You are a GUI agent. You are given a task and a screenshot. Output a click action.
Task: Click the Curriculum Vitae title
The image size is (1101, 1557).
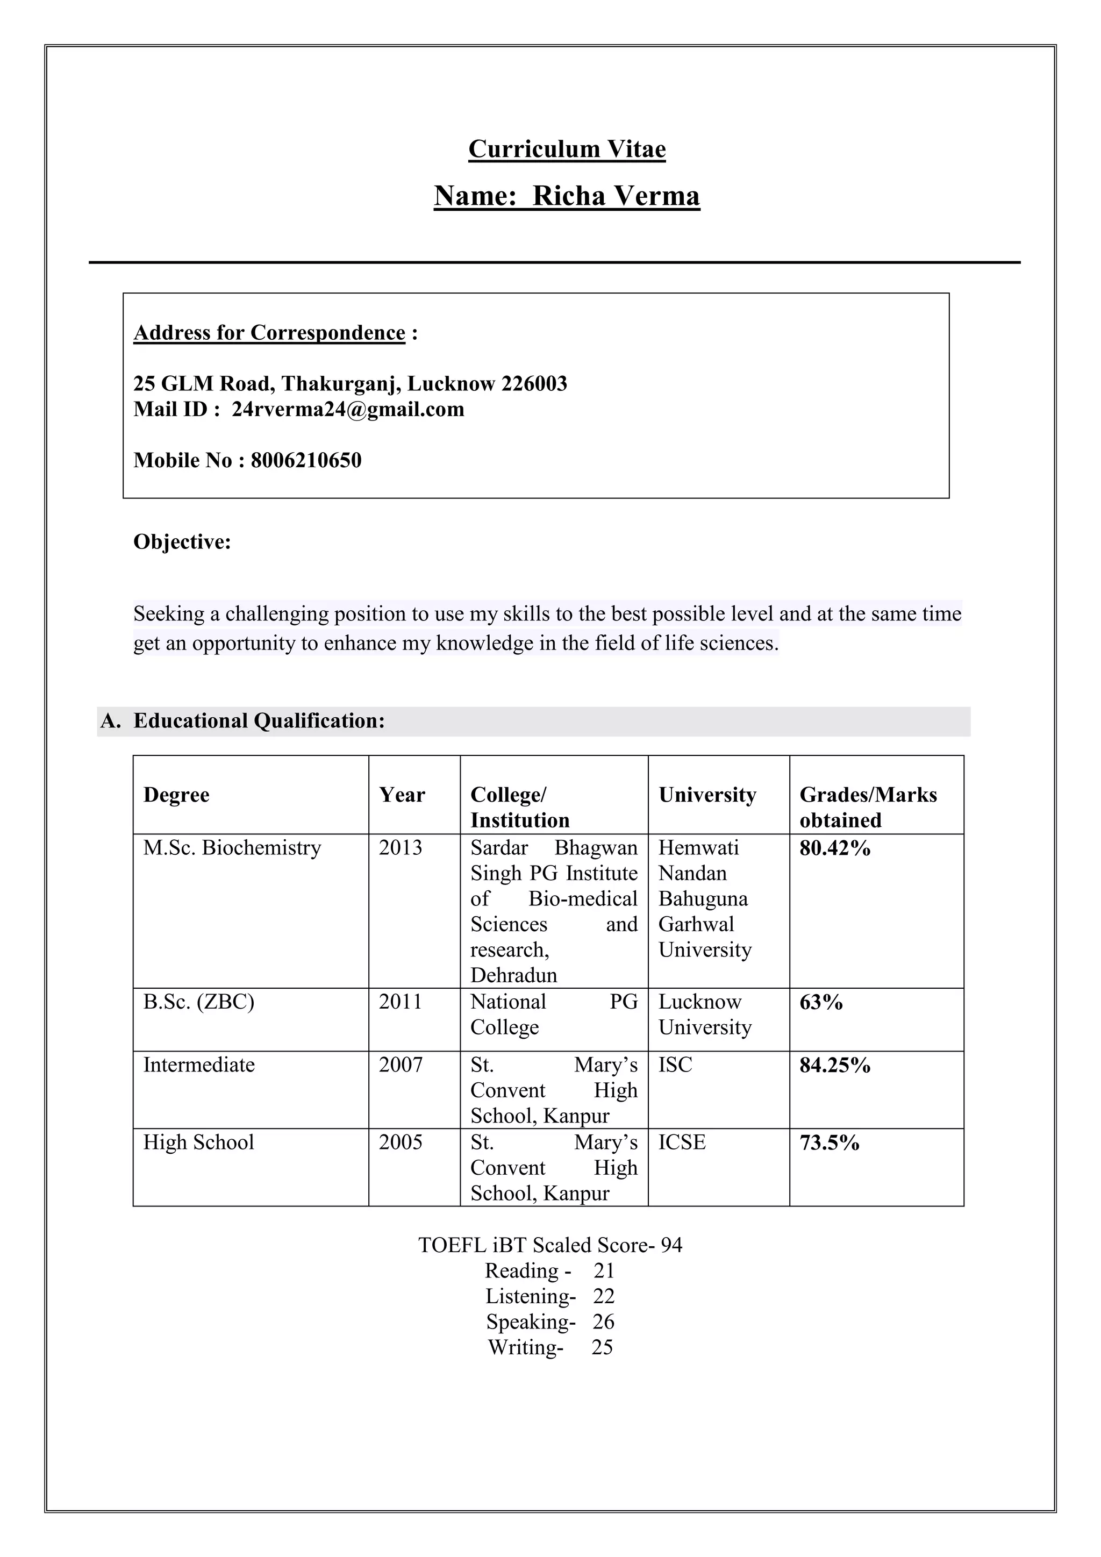[x=567, y=149]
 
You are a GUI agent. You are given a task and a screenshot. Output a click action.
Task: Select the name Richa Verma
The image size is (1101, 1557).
[x=616, y=196]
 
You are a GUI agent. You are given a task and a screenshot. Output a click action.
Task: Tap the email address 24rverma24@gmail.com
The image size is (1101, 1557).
[x=348, y=410]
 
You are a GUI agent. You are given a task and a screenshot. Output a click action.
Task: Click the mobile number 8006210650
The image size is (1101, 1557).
[x=306, y=460]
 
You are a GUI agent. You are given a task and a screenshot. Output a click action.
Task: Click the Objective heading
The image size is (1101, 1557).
[x=182, y=542]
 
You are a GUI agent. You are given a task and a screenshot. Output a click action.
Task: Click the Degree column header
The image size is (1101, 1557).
[x=176, y=795]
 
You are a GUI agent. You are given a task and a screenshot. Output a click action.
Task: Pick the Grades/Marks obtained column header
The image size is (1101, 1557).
[x=868, y=807]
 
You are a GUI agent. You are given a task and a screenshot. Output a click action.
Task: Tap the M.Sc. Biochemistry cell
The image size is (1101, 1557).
[x=232, y=848]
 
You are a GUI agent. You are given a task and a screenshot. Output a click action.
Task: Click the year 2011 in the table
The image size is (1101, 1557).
[x=400, y=1002]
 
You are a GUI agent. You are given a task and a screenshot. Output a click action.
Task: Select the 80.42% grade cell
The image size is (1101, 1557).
[x=834, y=848]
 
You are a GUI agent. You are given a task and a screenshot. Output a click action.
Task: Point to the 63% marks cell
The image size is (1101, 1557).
[x=821, y=1002]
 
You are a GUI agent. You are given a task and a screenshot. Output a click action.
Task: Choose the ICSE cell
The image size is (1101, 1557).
[x=682, y=1142]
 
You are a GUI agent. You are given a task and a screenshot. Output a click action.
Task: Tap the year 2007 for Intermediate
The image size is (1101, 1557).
[x=400, y=1065]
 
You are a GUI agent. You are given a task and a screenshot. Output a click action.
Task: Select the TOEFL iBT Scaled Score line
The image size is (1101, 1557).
[x=550, y=1245]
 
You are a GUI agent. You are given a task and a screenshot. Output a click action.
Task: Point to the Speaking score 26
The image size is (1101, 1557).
[x=603, y=1322]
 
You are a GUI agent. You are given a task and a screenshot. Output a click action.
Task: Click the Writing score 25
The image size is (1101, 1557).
[x=602, y=1347]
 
